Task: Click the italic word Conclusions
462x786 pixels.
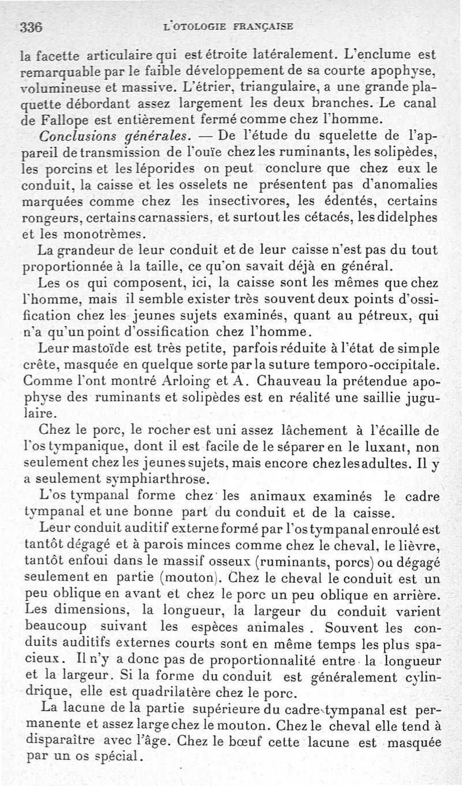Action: [x=72, y=137]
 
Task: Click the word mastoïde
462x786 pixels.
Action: [x=105, y=350]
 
